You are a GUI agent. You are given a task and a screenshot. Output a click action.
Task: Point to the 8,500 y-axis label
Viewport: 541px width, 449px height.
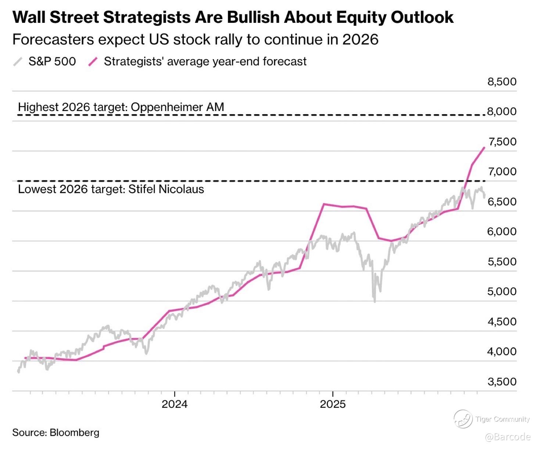502,82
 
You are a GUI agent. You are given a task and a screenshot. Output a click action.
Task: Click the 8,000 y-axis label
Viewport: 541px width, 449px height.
502,111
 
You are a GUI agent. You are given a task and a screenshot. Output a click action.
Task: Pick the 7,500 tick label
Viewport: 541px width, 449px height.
502,141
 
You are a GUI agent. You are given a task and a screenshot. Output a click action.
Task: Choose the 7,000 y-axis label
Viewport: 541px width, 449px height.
502,172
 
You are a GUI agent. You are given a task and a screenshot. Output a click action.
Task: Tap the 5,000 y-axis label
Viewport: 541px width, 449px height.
502,291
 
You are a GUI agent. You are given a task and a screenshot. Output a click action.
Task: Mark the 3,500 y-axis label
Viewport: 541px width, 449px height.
502,382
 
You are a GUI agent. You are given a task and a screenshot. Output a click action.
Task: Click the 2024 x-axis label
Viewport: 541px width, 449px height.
175,404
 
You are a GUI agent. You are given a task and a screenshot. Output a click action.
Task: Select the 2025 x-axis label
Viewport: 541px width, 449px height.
333,404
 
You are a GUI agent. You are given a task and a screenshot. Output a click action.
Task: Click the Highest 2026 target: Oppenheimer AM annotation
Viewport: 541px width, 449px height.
121,107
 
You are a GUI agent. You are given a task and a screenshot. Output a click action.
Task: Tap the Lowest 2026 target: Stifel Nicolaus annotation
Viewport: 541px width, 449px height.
111,189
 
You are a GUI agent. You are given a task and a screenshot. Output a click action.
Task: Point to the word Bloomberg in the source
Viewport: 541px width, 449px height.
74,432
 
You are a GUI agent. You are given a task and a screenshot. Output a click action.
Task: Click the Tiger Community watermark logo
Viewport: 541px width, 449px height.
463,419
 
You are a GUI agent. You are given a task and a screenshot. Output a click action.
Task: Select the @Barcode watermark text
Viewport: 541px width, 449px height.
508,437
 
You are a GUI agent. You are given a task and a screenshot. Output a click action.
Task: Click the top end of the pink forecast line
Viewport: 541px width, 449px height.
484,147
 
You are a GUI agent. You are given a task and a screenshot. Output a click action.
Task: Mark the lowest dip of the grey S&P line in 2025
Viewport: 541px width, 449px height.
375,301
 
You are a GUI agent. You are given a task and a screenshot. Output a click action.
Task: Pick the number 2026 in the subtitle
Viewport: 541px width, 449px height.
360,39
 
